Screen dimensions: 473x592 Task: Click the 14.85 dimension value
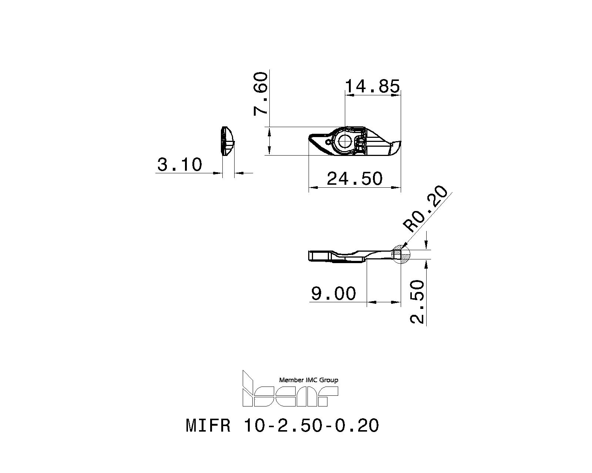(x=372, y=86)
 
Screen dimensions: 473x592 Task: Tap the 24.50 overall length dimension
(x=354, y=179)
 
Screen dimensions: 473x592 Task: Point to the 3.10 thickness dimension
(x=180, y=164)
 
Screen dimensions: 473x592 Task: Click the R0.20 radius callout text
(x=427, y=209)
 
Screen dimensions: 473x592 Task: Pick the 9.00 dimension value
(x=333, y=294)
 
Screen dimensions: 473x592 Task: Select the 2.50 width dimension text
(x=418, y=302)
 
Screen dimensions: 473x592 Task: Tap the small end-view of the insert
(x=227, y=142)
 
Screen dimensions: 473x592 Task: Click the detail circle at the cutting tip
(x=401, y=255)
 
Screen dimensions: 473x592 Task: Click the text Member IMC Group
(x=308, y=380)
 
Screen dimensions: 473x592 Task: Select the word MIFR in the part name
(x=208, y=426)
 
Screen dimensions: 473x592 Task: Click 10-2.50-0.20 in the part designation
(x=311, y=426)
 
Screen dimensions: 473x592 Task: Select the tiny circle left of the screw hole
(x=328, y=142)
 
